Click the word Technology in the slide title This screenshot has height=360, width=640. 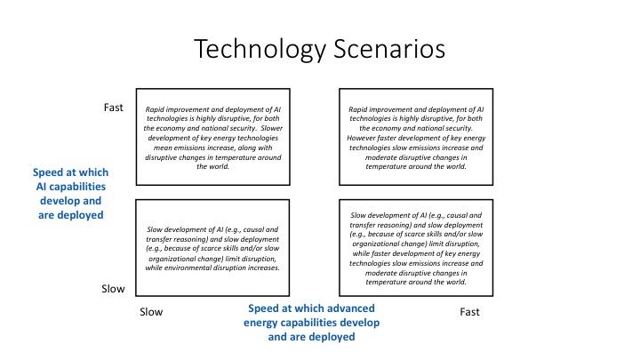coord(260,50)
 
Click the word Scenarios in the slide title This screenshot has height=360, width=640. coord(389,49)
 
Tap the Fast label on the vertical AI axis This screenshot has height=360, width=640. coord(113,108)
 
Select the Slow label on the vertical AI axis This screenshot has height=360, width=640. coord(113,289)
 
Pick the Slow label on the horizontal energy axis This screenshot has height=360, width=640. coord(151,312)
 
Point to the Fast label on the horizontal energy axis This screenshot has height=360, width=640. coord(469,312)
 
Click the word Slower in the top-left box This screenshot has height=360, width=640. coord(272,128)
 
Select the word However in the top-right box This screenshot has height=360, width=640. coord(361,138)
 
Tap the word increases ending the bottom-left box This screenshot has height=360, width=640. coord(264,268)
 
